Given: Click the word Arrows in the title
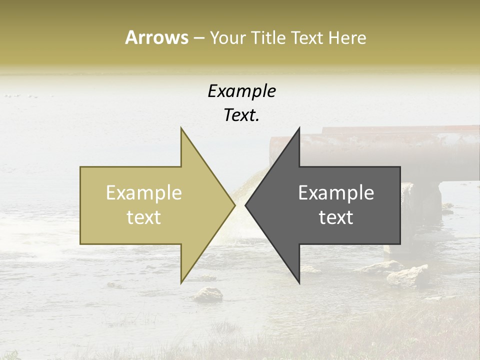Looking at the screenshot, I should click(156, 37).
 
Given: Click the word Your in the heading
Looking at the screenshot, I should click(227, 38).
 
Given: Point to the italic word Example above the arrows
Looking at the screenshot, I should click(241, 91).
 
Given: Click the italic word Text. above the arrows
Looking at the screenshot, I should click(241, 115).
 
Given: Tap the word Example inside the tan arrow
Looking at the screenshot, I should click(144, 193).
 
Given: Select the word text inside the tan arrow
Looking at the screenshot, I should click(144, 217).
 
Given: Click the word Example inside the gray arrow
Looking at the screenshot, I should click(336, 193).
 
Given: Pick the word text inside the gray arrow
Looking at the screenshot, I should click(336, 217).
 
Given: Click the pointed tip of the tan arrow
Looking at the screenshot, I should click(234, 205).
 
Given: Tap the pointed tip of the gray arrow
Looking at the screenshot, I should click(246, 205).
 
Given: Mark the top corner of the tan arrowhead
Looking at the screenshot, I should click(181, 128).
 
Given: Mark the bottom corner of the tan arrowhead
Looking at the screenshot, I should click(181, 282).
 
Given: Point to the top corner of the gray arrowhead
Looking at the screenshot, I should click(299, 128).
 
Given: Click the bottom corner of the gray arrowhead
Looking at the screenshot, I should click(299, 282).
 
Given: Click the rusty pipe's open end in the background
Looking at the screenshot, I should click(274, 150).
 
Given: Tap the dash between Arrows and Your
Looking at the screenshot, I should click(198, 38).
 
